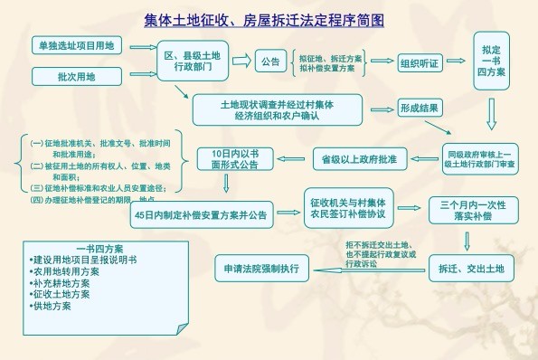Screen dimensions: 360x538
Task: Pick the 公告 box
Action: coord(269,62)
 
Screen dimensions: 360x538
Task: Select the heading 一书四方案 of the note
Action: coord(99,248)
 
